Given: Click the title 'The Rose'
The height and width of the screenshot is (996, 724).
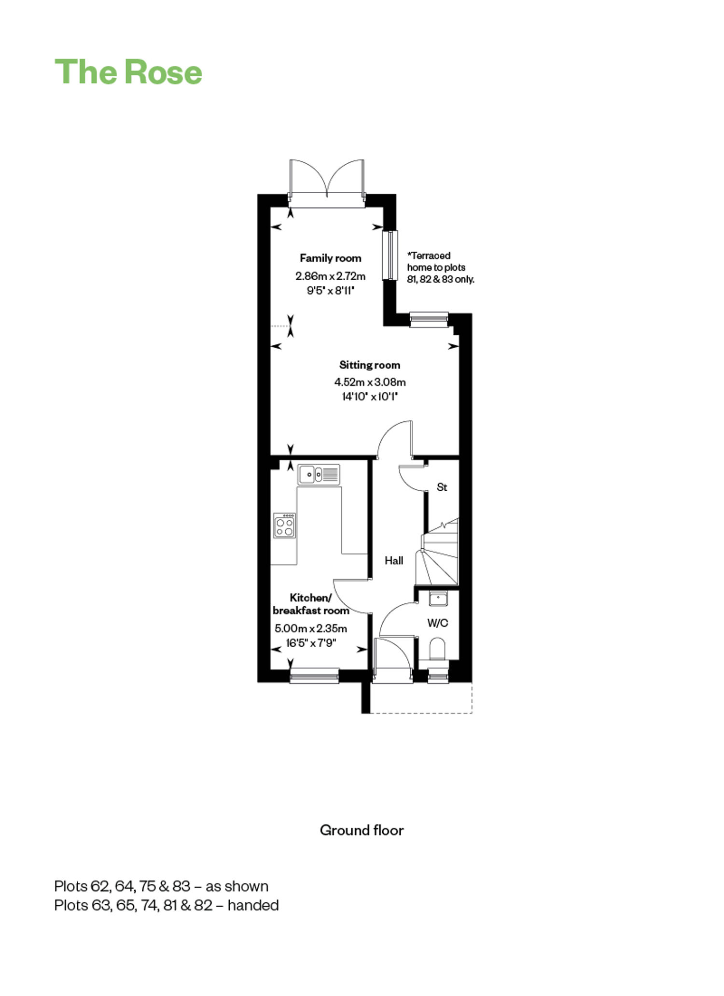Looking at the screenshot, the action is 128,72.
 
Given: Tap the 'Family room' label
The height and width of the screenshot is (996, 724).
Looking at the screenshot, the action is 331,258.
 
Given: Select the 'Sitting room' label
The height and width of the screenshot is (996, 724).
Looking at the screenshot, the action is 370,365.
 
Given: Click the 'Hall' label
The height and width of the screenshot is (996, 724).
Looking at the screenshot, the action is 394,560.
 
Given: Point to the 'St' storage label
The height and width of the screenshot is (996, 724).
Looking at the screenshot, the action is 442,487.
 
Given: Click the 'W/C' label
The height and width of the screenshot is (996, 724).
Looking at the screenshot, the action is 438,623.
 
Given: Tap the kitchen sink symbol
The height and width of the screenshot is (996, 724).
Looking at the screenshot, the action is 319,474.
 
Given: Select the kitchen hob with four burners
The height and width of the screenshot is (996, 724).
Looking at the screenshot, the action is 284,525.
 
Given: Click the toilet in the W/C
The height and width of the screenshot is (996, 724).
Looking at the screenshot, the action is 438,649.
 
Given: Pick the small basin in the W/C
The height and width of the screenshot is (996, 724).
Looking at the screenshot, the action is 438,598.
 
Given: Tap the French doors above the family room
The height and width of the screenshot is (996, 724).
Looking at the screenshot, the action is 327,184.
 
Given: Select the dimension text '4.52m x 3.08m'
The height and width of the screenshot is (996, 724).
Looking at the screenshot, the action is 370,382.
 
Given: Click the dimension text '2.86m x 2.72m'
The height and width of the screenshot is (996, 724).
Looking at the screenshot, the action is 331,276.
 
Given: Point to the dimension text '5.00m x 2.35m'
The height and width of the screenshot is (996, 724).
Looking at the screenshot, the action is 311,628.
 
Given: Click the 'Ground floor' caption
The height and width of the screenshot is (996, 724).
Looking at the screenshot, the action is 362,830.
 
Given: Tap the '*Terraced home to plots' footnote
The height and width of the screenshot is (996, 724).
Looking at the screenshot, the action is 436,261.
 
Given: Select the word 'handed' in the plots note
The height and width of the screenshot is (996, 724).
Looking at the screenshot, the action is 253,905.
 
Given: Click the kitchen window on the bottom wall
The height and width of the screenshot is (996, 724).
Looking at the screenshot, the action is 314,676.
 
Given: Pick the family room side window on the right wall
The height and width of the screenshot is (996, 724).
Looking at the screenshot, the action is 390,255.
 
